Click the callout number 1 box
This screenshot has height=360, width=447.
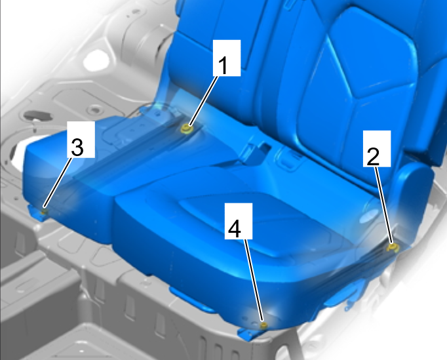tap(227, 58)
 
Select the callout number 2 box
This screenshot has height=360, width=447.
tap(377, 148)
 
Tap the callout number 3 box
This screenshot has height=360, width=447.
tap(81, 139)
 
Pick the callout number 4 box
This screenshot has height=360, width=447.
tap(239, 221)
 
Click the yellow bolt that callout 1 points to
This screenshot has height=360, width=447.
tap(186, 129)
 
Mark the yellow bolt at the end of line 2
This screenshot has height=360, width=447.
tap(393, 247)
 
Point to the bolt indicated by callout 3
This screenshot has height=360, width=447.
tap(44, 212)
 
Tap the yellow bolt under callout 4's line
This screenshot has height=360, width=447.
tap(264, 325)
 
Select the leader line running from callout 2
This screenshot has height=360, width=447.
tap(383, 205)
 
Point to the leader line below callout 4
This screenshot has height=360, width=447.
tap(254, 281)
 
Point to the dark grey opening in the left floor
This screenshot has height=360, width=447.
tap(37, 115)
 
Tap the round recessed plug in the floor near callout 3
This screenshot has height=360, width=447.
tap(94, 110)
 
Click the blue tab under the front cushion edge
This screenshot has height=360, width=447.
tap(191, 298)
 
